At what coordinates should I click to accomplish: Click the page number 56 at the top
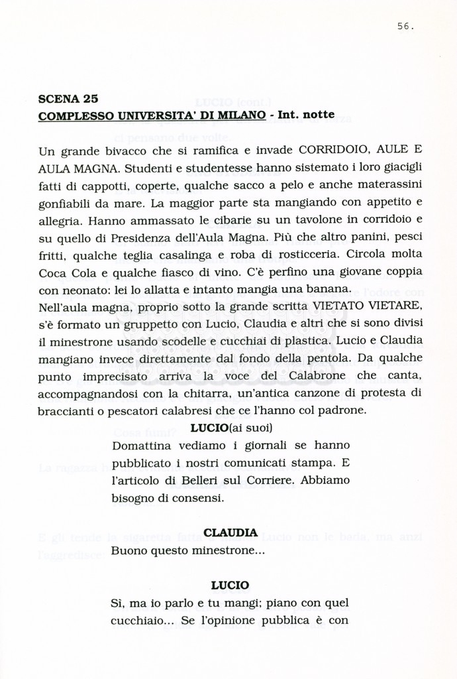[405, 27]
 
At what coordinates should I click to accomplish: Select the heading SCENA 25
[68, 99]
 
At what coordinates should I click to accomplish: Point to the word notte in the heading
[316, 115]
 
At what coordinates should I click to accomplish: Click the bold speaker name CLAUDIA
[230, 533]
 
